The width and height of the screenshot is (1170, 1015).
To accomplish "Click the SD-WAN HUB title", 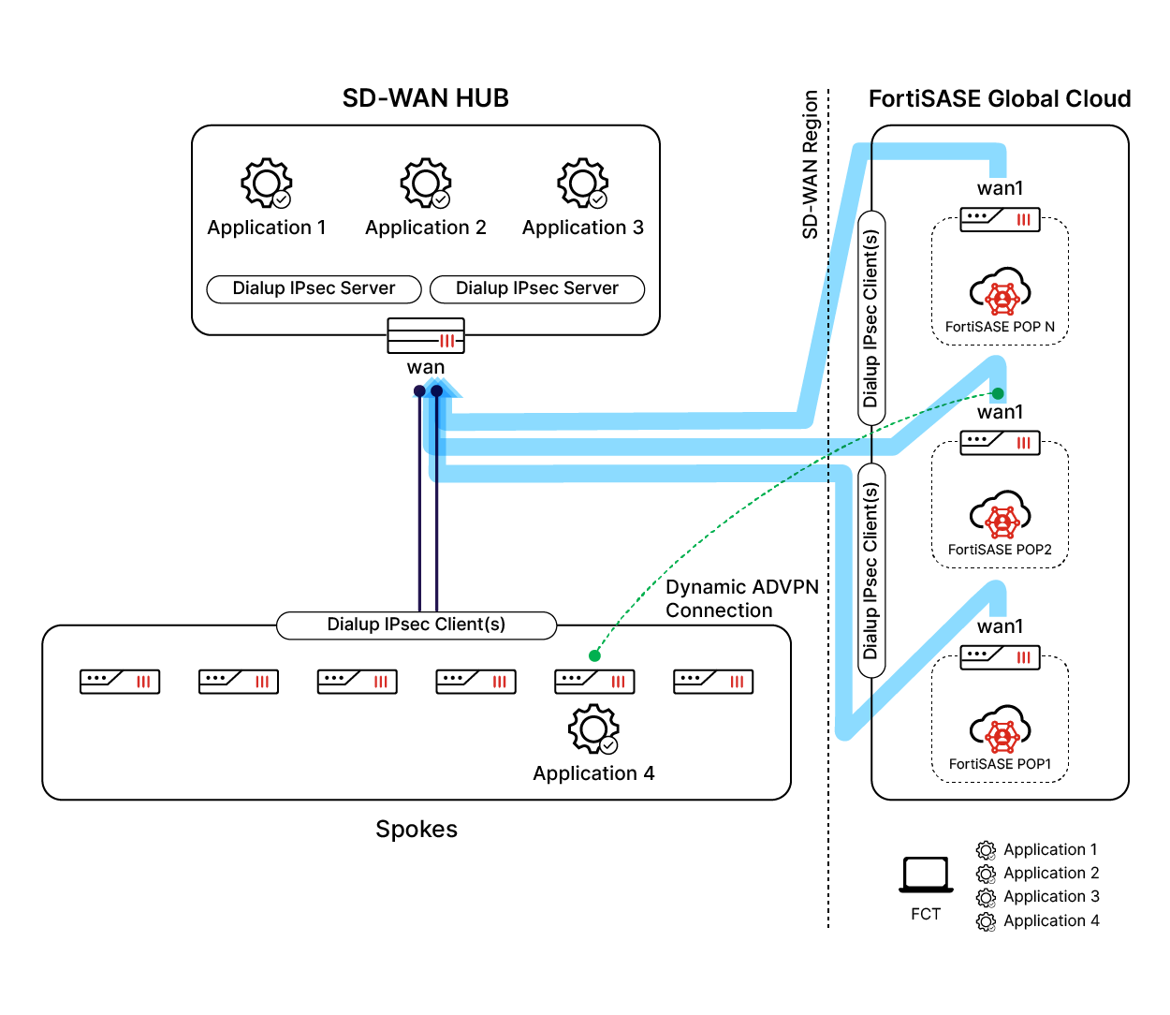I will (x=425, y=98).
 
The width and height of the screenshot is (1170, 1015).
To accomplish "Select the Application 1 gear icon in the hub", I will (x=267, y=183).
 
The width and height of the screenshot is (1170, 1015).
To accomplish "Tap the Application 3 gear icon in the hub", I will (x=582, y=183).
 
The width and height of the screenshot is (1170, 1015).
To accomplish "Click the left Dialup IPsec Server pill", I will (x=314, y=288).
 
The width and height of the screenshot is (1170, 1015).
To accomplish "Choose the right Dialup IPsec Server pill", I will (x=537, y=288).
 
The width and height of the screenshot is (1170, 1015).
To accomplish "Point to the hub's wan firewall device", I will (x=426, y=335).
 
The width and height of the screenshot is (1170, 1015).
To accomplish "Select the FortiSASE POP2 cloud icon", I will (x=1000, y=515).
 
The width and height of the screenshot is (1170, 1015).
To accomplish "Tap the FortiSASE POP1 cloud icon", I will (x=1000, y=729).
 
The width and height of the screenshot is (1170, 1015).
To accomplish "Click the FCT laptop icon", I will (x=926, y=875).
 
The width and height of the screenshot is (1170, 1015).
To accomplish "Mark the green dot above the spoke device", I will (x=594, y=655).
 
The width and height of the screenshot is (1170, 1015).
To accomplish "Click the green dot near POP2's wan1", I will (x=998, y=393).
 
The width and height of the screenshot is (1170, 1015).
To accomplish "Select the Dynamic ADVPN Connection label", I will (x=741, y=598).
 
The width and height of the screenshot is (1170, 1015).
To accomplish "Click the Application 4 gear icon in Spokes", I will (x=593, y=729).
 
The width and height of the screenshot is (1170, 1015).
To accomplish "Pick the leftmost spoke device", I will (x=120, y=682).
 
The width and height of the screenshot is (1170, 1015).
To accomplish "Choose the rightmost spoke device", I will (x=713, y=682).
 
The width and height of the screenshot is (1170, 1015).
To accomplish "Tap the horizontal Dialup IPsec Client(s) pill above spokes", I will (x=417, y=625).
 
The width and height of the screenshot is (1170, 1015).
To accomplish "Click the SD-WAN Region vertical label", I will (x=811, y=164).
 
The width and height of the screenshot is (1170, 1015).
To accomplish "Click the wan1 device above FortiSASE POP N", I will (x=1000, y=220).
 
